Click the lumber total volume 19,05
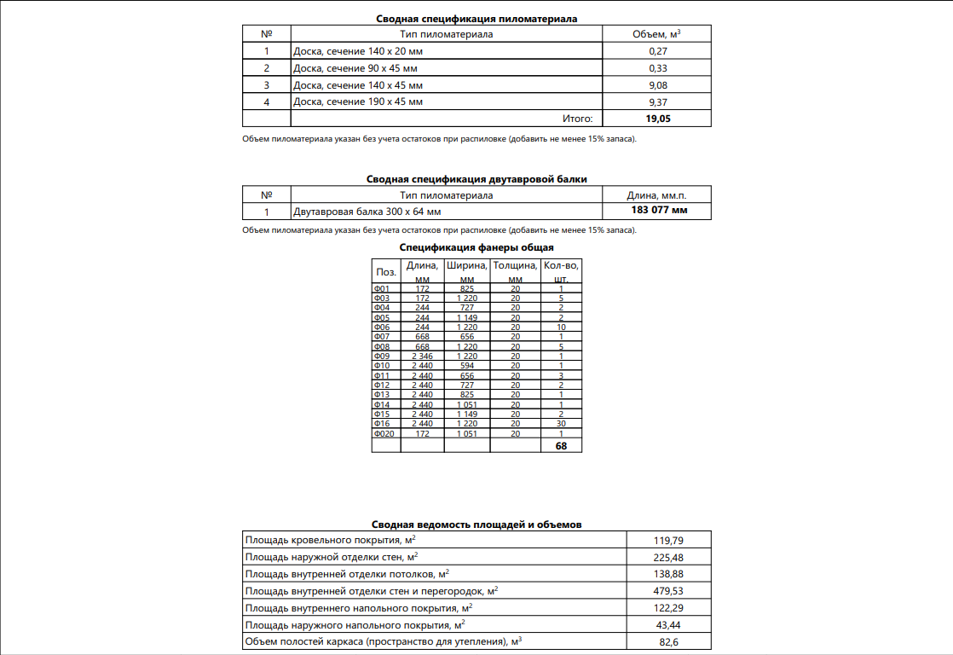coord(657,119)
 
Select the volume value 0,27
coord(657,51)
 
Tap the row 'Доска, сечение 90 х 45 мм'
coord(355,68)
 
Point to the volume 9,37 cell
coord(657,102)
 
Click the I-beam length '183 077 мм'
coord(657,211)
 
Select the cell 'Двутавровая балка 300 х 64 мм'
coord(367,212)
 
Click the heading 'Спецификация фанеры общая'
coord(476,247)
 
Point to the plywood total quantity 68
coord(561,445)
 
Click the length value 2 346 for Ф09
coord(422,356)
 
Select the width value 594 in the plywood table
coord(466,366)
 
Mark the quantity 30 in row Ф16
coord(561,424)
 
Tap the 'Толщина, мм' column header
coord(515,271)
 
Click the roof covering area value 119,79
coord(668,541)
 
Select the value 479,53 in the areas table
coord(668,591)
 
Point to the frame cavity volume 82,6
coord(668,641)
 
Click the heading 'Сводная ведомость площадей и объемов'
coord(476,525)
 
